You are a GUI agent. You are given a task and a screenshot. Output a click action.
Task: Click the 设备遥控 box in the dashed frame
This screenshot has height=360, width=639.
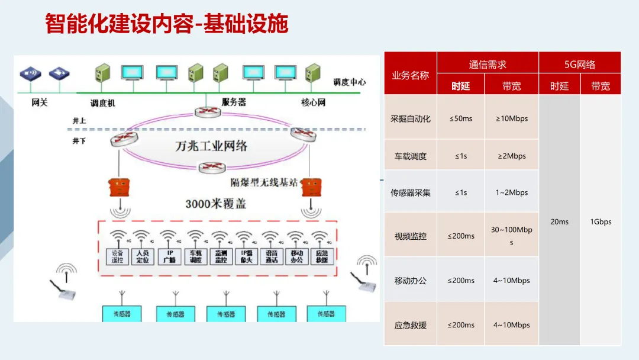point(117,256)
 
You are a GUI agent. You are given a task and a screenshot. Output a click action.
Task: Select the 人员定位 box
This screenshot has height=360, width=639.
point(143,256)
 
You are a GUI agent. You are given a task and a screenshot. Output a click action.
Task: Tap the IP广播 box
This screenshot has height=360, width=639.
point(169,256)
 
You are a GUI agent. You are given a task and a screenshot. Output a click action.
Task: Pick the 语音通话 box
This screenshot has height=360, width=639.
point(271,256)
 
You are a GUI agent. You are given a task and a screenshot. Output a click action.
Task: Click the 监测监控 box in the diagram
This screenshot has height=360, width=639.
point(220,256)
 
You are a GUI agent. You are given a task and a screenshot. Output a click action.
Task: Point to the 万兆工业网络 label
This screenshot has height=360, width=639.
point(211,146)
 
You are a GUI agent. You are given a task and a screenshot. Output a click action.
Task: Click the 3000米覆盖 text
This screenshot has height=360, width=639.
point(215,204)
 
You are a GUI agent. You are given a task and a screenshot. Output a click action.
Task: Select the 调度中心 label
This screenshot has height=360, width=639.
point(349,82)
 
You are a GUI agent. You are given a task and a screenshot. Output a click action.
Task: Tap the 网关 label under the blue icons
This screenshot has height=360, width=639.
point(40,102)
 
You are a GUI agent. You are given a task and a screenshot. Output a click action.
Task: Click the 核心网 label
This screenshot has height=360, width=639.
point(313,102)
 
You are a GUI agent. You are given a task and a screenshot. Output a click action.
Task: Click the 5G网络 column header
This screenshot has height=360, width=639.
point(579,65)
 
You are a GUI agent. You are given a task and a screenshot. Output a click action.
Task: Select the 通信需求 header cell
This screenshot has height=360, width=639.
point(488,65)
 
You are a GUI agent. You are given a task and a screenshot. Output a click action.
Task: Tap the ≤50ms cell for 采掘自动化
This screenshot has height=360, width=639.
point(460,118)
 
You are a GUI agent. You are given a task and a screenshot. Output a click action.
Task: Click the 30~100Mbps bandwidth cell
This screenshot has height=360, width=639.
point(511,236)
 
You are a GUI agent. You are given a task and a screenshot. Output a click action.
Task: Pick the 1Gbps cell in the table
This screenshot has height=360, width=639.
point(601,221)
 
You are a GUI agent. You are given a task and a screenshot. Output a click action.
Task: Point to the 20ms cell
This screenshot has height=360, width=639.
point(559,221)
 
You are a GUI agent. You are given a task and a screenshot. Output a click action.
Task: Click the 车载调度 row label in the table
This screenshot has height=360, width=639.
point(410,156)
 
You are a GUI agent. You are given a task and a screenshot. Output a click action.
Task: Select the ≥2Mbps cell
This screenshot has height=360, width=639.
point(511,156)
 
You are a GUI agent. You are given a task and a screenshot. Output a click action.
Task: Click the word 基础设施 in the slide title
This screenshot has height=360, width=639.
point(246,24)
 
